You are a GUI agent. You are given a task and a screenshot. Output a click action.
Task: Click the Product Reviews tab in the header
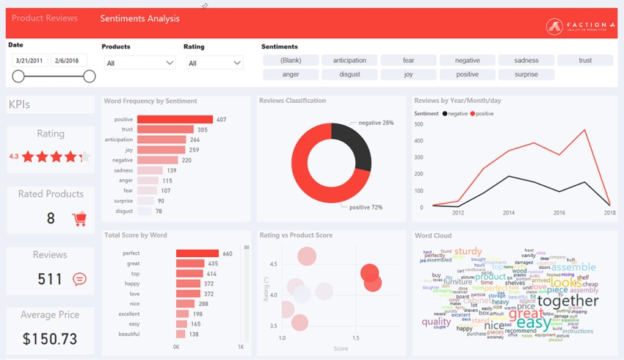click(45, 18)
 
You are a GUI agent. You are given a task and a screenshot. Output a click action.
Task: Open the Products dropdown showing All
click(139, 63)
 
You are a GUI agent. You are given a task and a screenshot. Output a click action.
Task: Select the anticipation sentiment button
click(349, 60)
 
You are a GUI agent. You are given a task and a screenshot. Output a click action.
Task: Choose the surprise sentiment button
click(526, 74)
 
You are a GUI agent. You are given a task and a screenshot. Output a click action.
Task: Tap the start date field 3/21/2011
click(30, 60)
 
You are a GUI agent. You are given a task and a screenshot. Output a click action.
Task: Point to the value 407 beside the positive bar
click(221, 120)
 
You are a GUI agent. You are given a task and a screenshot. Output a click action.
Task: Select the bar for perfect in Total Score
click(197, 253)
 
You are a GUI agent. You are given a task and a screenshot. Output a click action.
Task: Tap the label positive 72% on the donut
click(366, 207)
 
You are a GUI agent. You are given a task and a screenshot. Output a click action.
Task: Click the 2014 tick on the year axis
click(509, 213)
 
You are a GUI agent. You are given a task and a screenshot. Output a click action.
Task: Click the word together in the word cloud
click(567, 300)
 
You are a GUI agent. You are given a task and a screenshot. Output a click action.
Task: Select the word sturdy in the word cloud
click(468, 251)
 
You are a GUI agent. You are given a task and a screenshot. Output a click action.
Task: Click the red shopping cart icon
click(79, 218)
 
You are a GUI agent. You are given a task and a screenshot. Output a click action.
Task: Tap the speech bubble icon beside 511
click(79, 279)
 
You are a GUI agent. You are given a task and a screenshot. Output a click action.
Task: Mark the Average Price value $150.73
click(50, 339)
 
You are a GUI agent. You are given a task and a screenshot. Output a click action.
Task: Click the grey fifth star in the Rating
click(85, 156)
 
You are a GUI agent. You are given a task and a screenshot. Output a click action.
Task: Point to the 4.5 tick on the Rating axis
click(273, 264)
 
